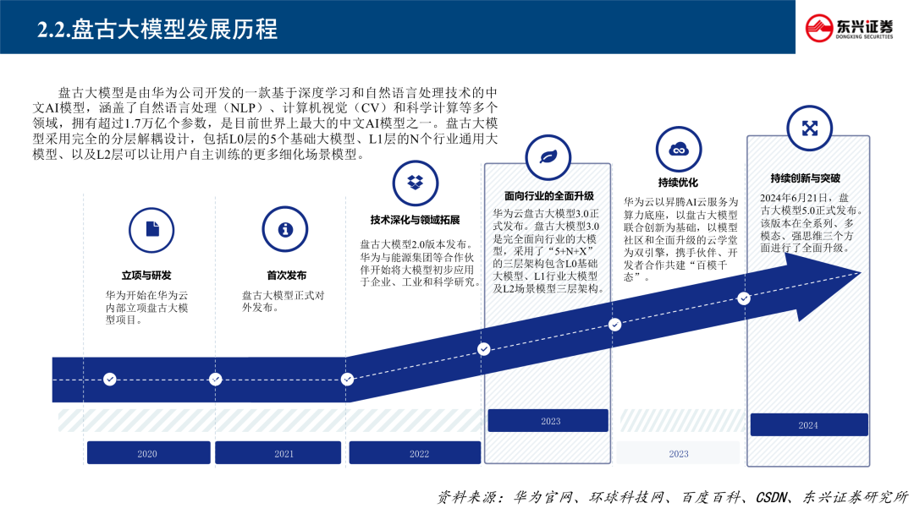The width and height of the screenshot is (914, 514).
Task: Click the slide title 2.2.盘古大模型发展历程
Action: click(x=157, y=29)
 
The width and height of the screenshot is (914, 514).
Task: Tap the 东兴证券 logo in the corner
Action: click(x=856, y=28)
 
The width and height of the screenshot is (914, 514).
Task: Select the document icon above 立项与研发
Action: click(x=151, y=229)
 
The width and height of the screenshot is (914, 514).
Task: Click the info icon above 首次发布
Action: click(x=285, y=229)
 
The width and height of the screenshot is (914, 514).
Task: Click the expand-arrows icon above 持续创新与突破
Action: click(x=809, y=128)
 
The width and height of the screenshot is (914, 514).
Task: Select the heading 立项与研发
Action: click(x=146, y=276)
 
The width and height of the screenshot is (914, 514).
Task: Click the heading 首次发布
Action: click(x=286, y=276)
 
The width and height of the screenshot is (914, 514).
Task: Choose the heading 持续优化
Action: click(x=678, y=183)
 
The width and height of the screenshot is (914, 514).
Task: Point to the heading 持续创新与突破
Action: click(x=805, y=178)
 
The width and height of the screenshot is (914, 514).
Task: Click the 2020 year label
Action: click(x=147, y=454)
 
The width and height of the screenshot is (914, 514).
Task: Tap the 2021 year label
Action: click(x=284, y=454)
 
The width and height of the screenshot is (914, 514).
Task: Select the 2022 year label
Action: click(x=419, y=454)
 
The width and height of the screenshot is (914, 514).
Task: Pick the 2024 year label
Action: click(x=808, y=425)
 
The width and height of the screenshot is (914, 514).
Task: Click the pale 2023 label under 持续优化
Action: click(x=679, y=454)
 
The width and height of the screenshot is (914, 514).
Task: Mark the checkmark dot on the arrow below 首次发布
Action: click(x=215, y=379)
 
